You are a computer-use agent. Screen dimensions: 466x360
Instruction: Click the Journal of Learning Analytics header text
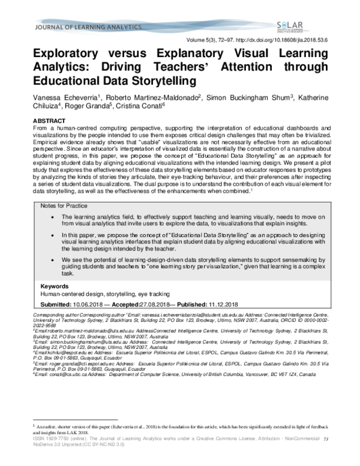tap(71, 27)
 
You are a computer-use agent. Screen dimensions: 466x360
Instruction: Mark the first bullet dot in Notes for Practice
tap(55, 216)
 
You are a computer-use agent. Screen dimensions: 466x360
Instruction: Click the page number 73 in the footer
tap(326, 457)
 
